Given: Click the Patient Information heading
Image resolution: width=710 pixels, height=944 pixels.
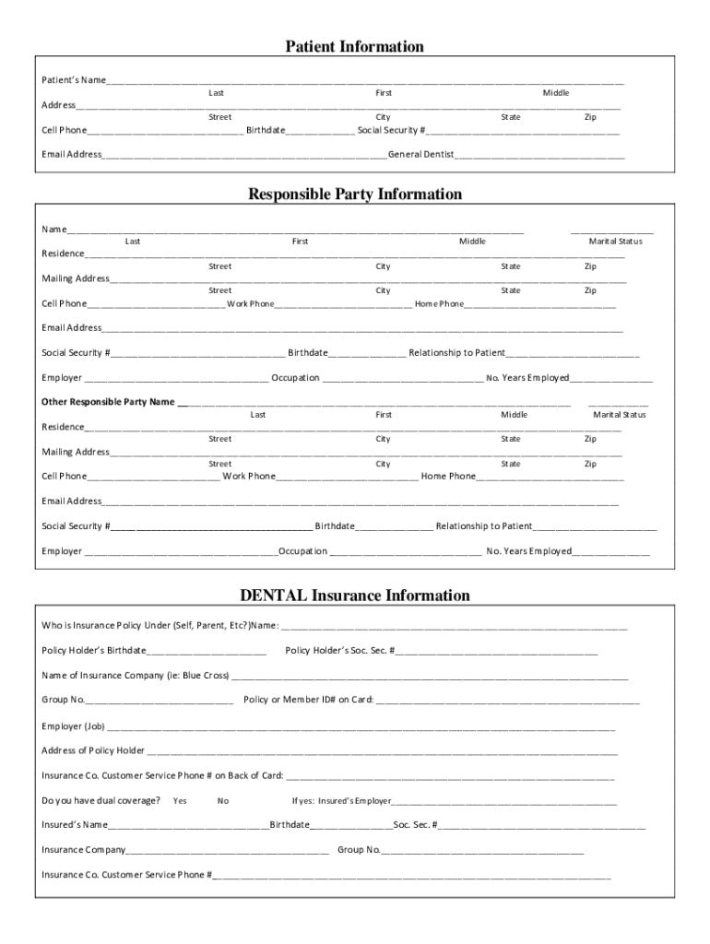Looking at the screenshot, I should pos(354,46).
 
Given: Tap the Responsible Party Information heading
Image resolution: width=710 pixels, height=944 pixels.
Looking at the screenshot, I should pos(354,195).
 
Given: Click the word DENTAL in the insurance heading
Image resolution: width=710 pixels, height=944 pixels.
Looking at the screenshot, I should pos(273,596).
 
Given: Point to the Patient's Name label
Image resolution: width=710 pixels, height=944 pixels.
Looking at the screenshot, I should pos(73,81).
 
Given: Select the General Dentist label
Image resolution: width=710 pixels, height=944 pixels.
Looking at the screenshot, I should pos(420,155).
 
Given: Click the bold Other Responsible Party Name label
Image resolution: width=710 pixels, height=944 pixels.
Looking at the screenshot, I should pos(109,402).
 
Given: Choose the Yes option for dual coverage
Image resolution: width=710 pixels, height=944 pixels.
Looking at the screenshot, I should pos(180,801).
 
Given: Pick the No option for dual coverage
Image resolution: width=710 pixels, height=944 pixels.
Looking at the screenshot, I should pos(223,801).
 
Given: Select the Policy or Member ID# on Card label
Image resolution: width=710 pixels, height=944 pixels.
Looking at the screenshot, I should pos(308,700).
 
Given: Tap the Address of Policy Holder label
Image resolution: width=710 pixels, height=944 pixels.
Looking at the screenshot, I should pos(93,750).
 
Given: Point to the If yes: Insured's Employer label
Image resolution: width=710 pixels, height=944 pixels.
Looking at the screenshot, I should pos(341,801).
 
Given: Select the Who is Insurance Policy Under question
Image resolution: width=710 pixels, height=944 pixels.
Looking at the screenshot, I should pos(160,625).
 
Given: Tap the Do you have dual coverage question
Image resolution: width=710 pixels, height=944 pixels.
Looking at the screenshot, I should pos(101,800).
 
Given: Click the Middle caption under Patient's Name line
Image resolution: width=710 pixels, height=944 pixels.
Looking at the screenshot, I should pos(556,93).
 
